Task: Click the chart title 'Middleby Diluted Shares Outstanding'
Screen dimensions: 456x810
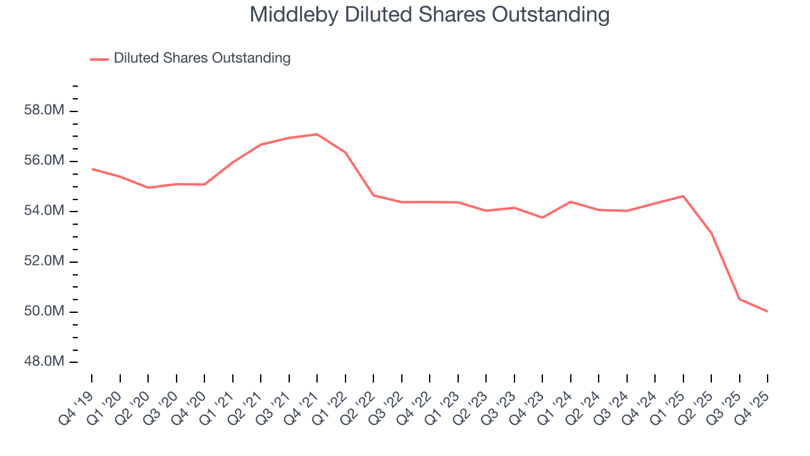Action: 430,15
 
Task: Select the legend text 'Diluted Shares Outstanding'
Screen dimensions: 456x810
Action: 202,58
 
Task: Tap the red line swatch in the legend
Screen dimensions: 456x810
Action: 99,59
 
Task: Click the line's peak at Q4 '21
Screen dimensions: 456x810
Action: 317,134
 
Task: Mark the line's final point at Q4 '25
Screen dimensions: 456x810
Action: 768,311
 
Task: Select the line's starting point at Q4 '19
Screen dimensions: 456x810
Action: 92,169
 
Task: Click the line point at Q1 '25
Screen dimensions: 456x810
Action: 683,196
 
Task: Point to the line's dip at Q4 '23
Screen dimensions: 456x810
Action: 542,217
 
